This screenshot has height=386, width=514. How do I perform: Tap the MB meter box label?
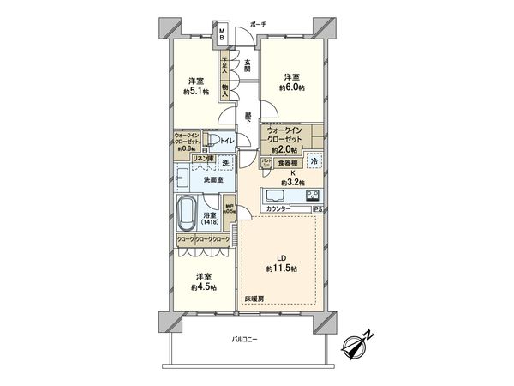pos(221,37)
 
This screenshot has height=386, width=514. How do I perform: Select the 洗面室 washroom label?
pos(214,180)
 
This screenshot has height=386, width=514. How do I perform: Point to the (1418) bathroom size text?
pos(210,222)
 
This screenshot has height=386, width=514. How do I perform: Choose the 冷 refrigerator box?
pos(314,162)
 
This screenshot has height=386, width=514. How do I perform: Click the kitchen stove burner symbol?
pos(312,193)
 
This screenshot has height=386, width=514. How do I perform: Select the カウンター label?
pos(278,209)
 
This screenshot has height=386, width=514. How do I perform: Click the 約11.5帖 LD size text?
pos(282,268)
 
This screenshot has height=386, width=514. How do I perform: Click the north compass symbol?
pos(354,346)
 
